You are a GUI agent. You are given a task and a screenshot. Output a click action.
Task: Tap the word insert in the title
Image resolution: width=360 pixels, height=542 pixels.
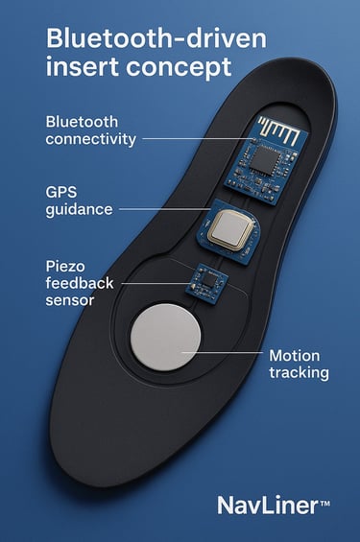pos(81,68)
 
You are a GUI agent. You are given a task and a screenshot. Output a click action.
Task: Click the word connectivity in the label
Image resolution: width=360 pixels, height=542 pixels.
pos(92,139)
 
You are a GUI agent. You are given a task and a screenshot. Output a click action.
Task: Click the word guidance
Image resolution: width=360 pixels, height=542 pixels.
pos(80,208)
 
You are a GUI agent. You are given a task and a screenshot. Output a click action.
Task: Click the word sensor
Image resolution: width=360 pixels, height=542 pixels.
pos(70,299)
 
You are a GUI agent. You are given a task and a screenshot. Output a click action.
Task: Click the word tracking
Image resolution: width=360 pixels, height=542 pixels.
pos(300,372)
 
